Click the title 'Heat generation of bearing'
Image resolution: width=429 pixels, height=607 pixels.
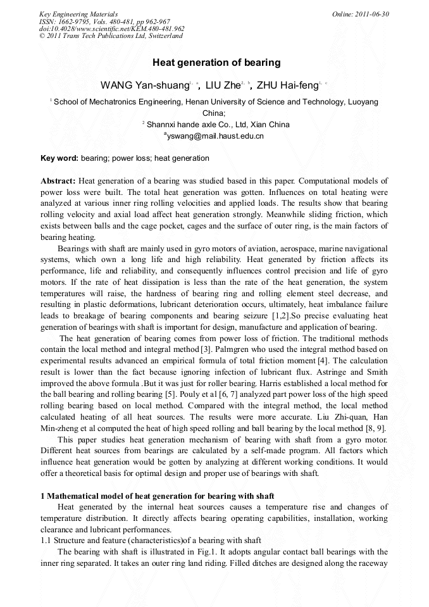[x=216, y=63]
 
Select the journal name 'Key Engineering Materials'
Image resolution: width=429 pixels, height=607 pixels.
[x=78, y=14]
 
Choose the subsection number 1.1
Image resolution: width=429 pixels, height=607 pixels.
[x=46, y=540]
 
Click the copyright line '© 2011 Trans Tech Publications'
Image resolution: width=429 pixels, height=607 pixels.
[x=111, y=36]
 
